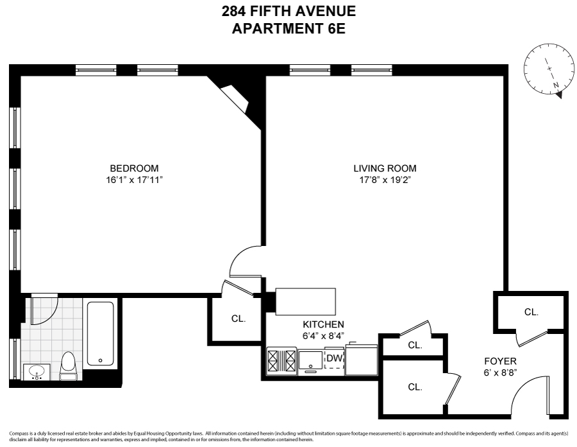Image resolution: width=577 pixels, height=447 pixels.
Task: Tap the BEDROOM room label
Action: pos(133,168)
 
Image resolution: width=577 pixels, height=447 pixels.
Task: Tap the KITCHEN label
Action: pos(323,324)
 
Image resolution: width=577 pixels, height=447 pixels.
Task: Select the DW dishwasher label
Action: pos(333,358)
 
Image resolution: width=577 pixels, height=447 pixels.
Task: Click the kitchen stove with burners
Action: pos(282,362)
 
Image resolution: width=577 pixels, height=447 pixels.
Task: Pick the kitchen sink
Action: pos(312,361)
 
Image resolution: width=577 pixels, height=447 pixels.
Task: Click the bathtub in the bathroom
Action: pos(101,334)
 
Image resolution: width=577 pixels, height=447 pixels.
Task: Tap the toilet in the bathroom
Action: pos(68,365)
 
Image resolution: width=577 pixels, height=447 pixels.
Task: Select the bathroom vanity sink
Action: pos(36,372)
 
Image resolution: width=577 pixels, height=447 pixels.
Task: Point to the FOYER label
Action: pos(501,361)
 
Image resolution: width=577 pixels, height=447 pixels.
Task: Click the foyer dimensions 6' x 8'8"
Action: pos(501,372)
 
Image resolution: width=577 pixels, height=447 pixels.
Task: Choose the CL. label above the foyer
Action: pos(531,312)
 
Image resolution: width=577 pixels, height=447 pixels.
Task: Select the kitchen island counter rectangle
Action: pos(306,301)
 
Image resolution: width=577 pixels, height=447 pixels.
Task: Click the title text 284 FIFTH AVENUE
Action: pos(288,11)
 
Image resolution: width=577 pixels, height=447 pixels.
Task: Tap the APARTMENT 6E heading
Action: pos(288,29)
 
